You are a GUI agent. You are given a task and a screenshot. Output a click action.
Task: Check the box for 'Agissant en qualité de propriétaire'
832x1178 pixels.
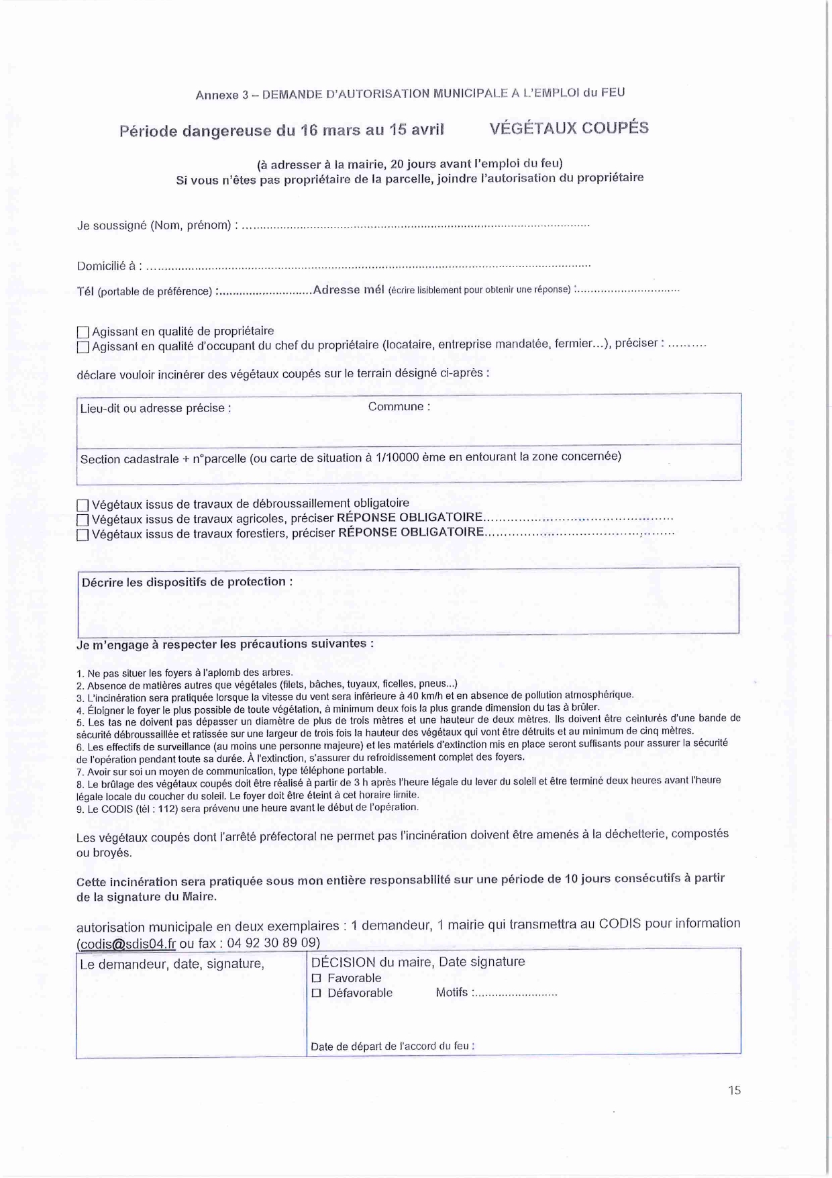pyautogui.click(x=83, y=332)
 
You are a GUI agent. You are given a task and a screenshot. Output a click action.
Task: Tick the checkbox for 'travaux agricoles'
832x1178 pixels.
pyautogui.click(x=83, y=520)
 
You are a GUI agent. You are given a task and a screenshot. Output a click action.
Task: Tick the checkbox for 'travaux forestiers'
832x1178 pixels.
pyautogui.click(x=83, y=536)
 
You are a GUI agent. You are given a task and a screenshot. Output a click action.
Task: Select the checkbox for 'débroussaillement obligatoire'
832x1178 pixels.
pyautogui.click(x=83, y=505)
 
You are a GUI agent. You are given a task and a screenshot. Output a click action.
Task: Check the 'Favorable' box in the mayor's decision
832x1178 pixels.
pyautogui.click(x=317, y=979)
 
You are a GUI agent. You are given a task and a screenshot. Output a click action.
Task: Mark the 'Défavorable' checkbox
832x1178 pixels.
pyautogui.click(x=317, y=993)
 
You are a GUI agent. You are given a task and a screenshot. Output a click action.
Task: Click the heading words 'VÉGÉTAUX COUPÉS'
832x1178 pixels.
pyautogui.click(x=569, y=128)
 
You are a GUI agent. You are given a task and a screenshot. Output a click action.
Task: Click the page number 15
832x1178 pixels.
pyautogui.click(x=734, y=1091)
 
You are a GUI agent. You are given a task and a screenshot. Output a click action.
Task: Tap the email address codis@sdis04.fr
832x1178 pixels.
pyautogui.click(x=127, y=944)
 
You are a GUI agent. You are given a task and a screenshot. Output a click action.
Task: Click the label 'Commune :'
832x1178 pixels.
pyautogui.click(x=399, y=407)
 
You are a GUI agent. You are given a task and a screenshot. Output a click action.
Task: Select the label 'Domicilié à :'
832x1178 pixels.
pyautogui.click(x=109, y=266)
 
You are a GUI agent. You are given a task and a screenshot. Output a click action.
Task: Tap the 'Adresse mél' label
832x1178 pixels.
pyautogui.click(x=348, y=290)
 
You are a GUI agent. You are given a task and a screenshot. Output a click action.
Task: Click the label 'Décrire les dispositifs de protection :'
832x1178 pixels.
pyautogui.click(x=187, y=582)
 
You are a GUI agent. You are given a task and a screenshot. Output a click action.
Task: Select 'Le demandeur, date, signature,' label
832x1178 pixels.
pyautogui.click(x=172, y=964)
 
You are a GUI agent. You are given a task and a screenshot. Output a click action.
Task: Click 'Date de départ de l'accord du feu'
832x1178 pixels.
pyautogui.click(x=392, y=1046)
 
